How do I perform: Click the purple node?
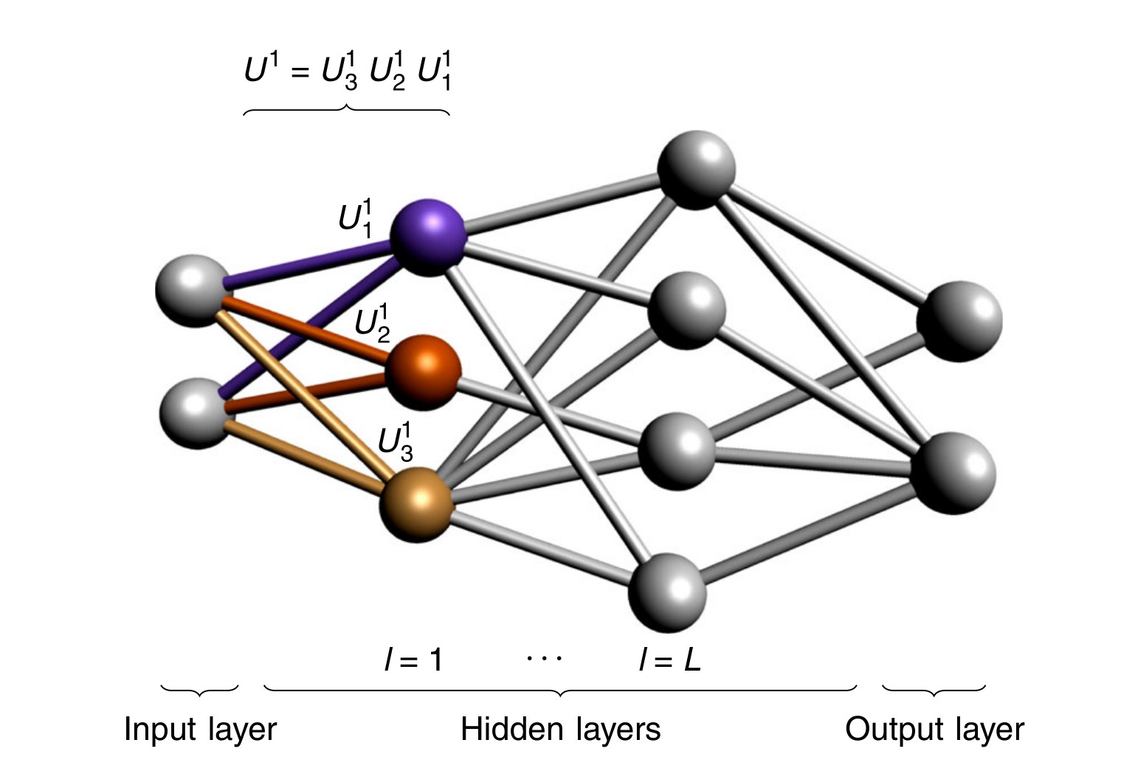coord(428,237)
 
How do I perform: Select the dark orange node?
coord(422,373)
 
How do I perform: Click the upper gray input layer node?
coord(192,291)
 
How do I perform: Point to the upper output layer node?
coord(959,320)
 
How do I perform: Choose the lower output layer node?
coord(953,472)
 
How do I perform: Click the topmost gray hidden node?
coord(695,169)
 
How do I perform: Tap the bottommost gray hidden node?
coord(667,592)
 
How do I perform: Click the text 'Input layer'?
coord(200,729)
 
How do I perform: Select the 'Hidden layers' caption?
coord(560,729)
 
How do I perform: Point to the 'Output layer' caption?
coord(934,729)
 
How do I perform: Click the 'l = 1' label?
coord(413,660)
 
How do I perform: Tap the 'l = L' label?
coord(669,660)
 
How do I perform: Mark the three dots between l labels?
coord(544,656)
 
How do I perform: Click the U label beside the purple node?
coord(356,218)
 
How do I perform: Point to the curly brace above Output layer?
coord(934,691)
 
